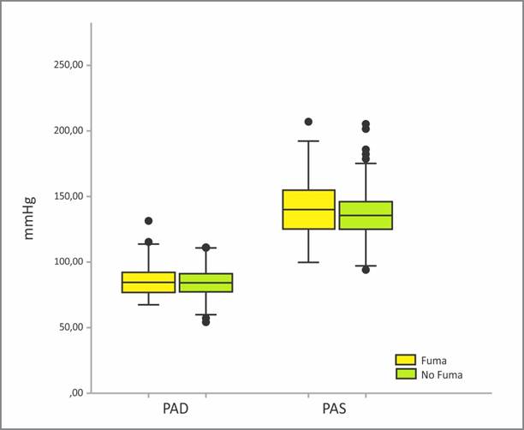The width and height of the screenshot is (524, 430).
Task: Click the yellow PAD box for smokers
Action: click(149, 283)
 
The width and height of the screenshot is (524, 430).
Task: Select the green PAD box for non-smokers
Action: click(205, 283)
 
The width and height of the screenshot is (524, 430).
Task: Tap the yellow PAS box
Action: click(308, 209)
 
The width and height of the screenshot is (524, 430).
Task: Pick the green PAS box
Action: click(366, 215)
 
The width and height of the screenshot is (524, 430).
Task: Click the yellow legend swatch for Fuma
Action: click(405, 361)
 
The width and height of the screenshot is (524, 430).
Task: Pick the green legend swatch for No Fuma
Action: click(405, 374)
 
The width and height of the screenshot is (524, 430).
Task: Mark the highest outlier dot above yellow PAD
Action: click(148, 221)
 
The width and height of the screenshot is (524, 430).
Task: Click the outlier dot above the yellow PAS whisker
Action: click(308, 122)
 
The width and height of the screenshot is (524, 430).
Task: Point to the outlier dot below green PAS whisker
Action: click(366, 269)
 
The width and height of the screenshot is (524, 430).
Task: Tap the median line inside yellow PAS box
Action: click(308, 209)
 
